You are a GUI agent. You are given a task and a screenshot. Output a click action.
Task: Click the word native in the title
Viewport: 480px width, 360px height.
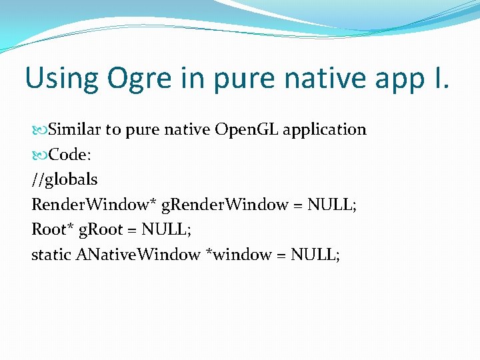(x=313, y=79)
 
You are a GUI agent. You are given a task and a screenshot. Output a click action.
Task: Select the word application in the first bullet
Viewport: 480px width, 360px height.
(x=325, y=130)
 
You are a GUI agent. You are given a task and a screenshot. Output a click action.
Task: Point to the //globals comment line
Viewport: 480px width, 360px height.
(x=65, y=180)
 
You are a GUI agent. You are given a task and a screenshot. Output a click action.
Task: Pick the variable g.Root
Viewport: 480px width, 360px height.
(x=100, y=231)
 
